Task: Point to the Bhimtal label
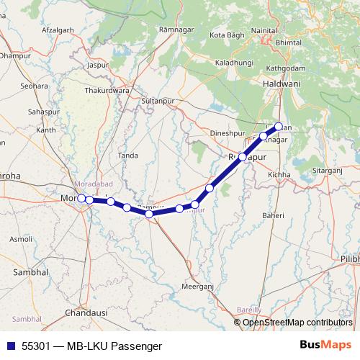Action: point(308,42)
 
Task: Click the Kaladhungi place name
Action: point(235,63)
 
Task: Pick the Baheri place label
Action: point(273,215)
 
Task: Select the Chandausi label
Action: point(86,313)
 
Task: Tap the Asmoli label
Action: point(21,238)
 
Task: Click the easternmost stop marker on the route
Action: point(279,127)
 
